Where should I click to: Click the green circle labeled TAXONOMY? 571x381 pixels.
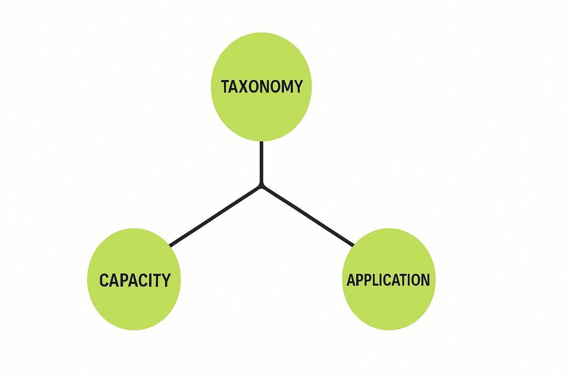pos(261,87)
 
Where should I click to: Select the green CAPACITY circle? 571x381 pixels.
pos(134,279)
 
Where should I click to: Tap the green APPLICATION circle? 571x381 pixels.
pos(389,279)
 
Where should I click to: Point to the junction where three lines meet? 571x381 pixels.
pos(261,186)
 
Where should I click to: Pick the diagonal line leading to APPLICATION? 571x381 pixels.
pos(307,217)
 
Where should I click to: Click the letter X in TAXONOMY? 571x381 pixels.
pos(247,86)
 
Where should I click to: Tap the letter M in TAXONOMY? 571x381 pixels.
pos(286,86)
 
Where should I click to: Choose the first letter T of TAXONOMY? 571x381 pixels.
pos(226,86)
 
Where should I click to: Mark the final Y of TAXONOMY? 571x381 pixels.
pos(297,86)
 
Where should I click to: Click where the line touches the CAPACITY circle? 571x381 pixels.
pos(170,246)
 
